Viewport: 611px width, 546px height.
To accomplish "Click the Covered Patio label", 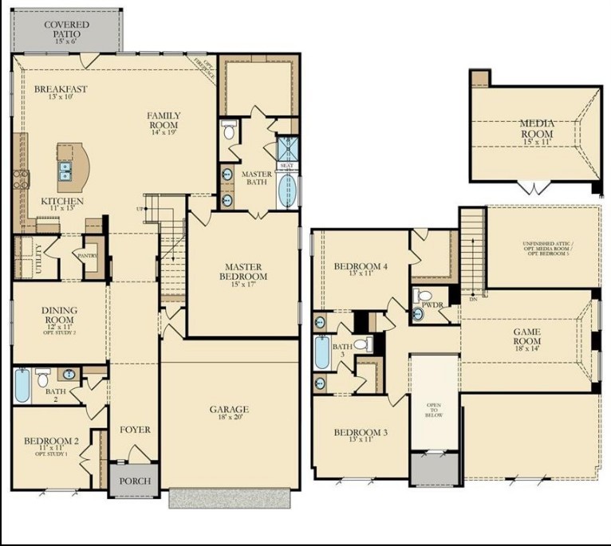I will pos(66,30).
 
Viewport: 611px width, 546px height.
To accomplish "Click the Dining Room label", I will pos(59,321).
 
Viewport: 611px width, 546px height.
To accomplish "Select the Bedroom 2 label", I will pos(51,444).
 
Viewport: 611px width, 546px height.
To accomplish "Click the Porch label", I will pos(134,481).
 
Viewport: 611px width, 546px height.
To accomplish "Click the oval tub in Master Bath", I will pos(286,190).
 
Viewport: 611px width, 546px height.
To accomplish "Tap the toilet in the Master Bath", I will pos(228,131).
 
